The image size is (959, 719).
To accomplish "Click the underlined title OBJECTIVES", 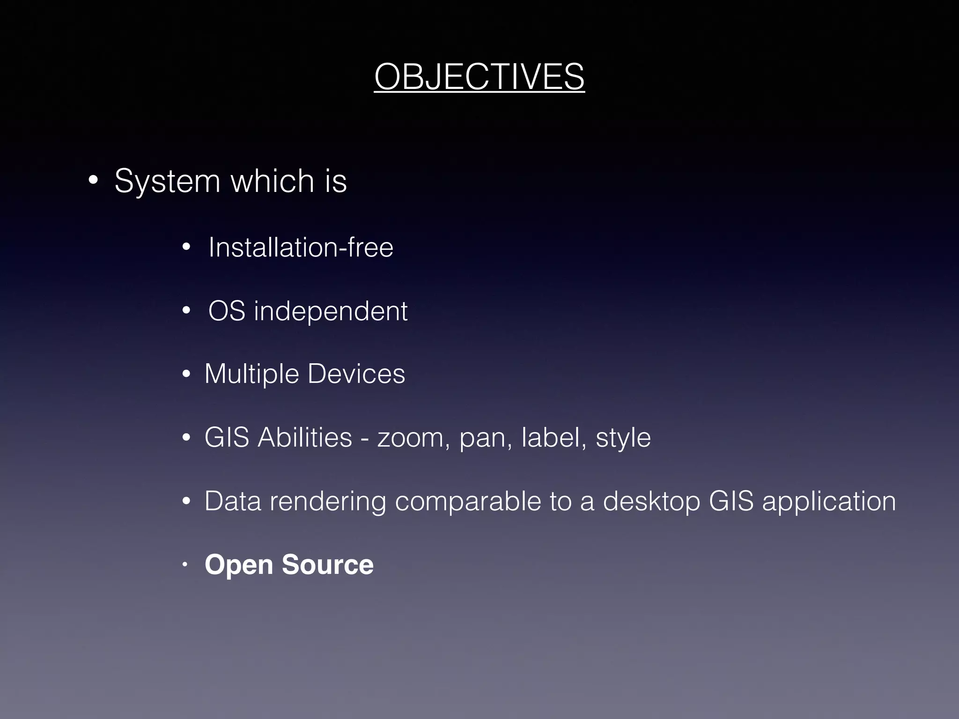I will click(479, 77).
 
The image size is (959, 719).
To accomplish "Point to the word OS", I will click(227, 311).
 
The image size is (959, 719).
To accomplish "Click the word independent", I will click(331, 311).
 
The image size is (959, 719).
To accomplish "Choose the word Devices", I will click(356, 374).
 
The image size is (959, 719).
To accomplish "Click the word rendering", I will click(328, 502).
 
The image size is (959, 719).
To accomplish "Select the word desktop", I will click(651, 502).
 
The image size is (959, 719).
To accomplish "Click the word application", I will click(829, 502).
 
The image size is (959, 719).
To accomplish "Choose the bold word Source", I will click(328, 565).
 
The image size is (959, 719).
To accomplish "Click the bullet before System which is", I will click(93, 180).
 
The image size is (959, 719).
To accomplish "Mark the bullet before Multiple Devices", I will click(186, 374).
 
